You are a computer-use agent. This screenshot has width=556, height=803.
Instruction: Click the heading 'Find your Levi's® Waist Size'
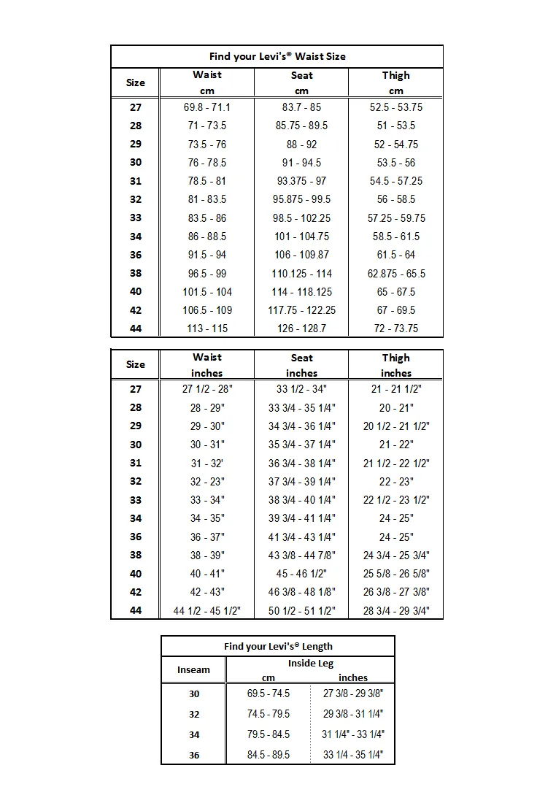[277, 56]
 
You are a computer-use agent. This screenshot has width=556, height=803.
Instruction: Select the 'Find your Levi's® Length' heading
[278, 646]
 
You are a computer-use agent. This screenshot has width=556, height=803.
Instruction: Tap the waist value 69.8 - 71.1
[207, 107]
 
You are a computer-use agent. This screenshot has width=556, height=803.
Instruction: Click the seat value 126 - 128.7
[301, 328]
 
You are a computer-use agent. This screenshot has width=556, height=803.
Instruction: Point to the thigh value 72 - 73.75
[395, 328]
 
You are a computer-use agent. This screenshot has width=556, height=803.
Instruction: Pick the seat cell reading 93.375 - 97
[301, 181]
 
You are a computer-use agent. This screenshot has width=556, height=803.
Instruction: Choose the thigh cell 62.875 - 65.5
[395, 274]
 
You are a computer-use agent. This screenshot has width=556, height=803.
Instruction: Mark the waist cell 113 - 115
[207, 328]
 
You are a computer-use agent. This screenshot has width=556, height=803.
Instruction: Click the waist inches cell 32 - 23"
[207, 482]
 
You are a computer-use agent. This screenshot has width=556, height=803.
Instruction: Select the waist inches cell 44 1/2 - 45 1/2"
[207, 611]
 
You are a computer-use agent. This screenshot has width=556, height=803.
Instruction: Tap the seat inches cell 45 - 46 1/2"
[301, 574]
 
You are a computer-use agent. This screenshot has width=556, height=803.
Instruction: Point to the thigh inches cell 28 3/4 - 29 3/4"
[395, 611]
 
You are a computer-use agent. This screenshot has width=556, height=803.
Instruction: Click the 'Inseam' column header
[193, 669]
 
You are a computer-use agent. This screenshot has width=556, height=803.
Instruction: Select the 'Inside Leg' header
[311, 664]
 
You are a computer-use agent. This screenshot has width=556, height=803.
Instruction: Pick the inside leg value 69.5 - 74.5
[269, 693]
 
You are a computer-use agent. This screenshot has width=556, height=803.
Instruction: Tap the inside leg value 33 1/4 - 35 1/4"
[353, 755]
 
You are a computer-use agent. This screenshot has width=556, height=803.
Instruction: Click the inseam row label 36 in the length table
[194, 755]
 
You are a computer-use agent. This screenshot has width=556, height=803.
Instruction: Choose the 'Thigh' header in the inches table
[395, 358]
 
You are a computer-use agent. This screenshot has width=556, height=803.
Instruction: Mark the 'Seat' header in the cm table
[301, 75]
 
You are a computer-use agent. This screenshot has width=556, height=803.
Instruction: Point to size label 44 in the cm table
[136, 328]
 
